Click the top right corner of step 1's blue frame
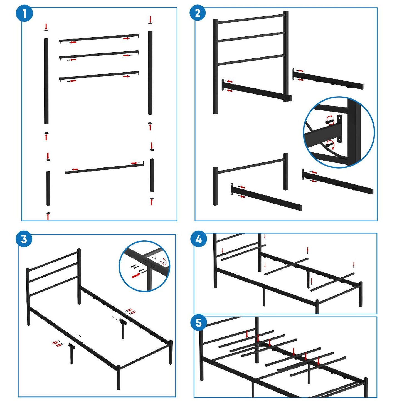click(x=177, y=8)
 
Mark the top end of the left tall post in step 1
click(x=46, y=38)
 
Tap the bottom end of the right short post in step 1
click(x=152, y=191)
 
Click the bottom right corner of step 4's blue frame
click(x=377, y=314)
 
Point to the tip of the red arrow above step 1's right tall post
click(x=150, y=22)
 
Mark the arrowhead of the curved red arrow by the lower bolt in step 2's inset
click(x=332, y=149)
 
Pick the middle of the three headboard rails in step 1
click(x=99, y=55)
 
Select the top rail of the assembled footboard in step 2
click(x=251, y=166)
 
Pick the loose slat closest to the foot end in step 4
click(x=332, y=282)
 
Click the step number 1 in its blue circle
click(x=24, y=14)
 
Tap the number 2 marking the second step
click(x=198, y=13)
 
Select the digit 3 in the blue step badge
click(x=24, y=240)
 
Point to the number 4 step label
click(x=199, y=240)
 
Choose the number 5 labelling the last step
click(x=198, y=323)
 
